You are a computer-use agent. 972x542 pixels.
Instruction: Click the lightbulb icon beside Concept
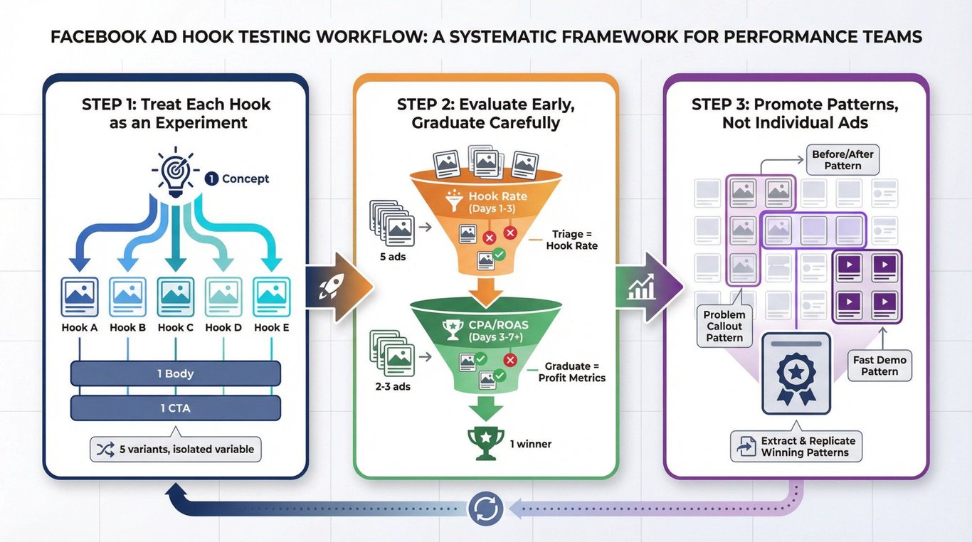click(x=175, y=171)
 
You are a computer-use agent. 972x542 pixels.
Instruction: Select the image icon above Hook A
click(x=80, y=297)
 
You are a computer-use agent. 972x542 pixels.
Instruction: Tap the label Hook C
click(x=175, y=327)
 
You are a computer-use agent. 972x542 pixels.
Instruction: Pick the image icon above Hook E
click(x=272, y=297)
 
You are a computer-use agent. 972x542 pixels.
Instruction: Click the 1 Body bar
click(x=175, y=373)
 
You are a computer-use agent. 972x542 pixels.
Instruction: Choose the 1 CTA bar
click(x=175, y=408)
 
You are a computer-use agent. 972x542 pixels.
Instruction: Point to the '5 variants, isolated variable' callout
click(x=175, y=449)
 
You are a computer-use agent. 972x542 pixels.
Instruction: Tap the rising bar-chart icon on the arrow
click(x=641, y=287)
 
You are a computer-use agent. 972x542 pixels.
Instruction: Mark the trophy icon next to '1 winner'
click(x=485, y=444)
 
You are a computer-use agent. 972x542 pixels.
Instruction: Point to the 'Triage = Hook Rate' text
click(x=571, y=240)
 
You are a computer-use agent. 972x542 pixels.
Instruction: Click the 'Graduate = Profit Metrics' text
click(x=571, y=372)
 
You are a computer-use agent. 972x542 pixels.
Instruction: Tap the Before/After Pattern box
click(x=842, y=160)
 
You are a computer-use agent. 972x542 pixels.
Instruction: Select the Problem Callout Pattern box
click(x=724, y=326)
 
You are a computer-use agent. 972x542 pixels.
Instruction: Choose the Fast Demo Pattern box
click(x=879, y=366)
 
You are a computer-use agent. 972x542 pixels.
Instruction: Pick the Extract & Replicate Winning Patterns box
click(x=796, y=446)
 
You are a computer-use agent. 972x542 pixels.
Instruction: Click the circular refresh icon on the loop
click(x=486, y=508)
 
